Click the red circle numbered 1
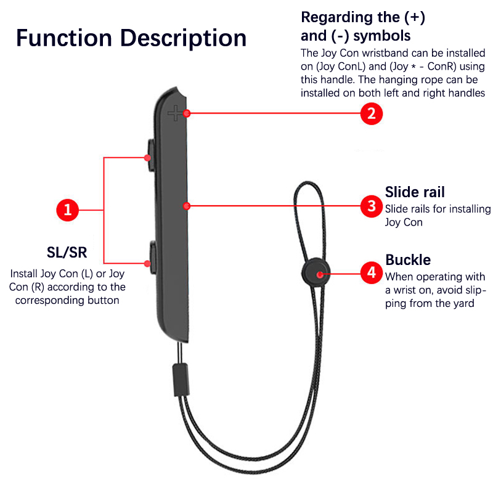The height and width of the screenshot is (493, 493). (x=68, y=211)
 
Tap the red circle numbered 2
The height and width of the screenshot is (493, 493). (x=371, y=113)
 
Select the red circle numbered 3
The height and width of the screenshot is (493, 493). (x=371, y=206)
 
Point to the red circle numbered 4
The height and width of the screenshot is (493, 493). (x=371, y=272)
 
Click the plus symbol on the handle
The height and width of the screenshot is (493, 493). (x=176, y=113)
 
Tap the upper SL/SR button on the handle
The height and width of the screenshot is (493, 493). (x=150, y=152)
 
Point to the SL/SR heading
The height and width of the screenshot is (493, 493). (x=67, y=253)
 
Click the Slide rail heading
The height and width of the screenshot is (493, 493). (x=415, y=192)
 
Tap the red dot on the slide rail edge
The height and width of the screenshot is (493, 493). (x=185, y=206)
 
